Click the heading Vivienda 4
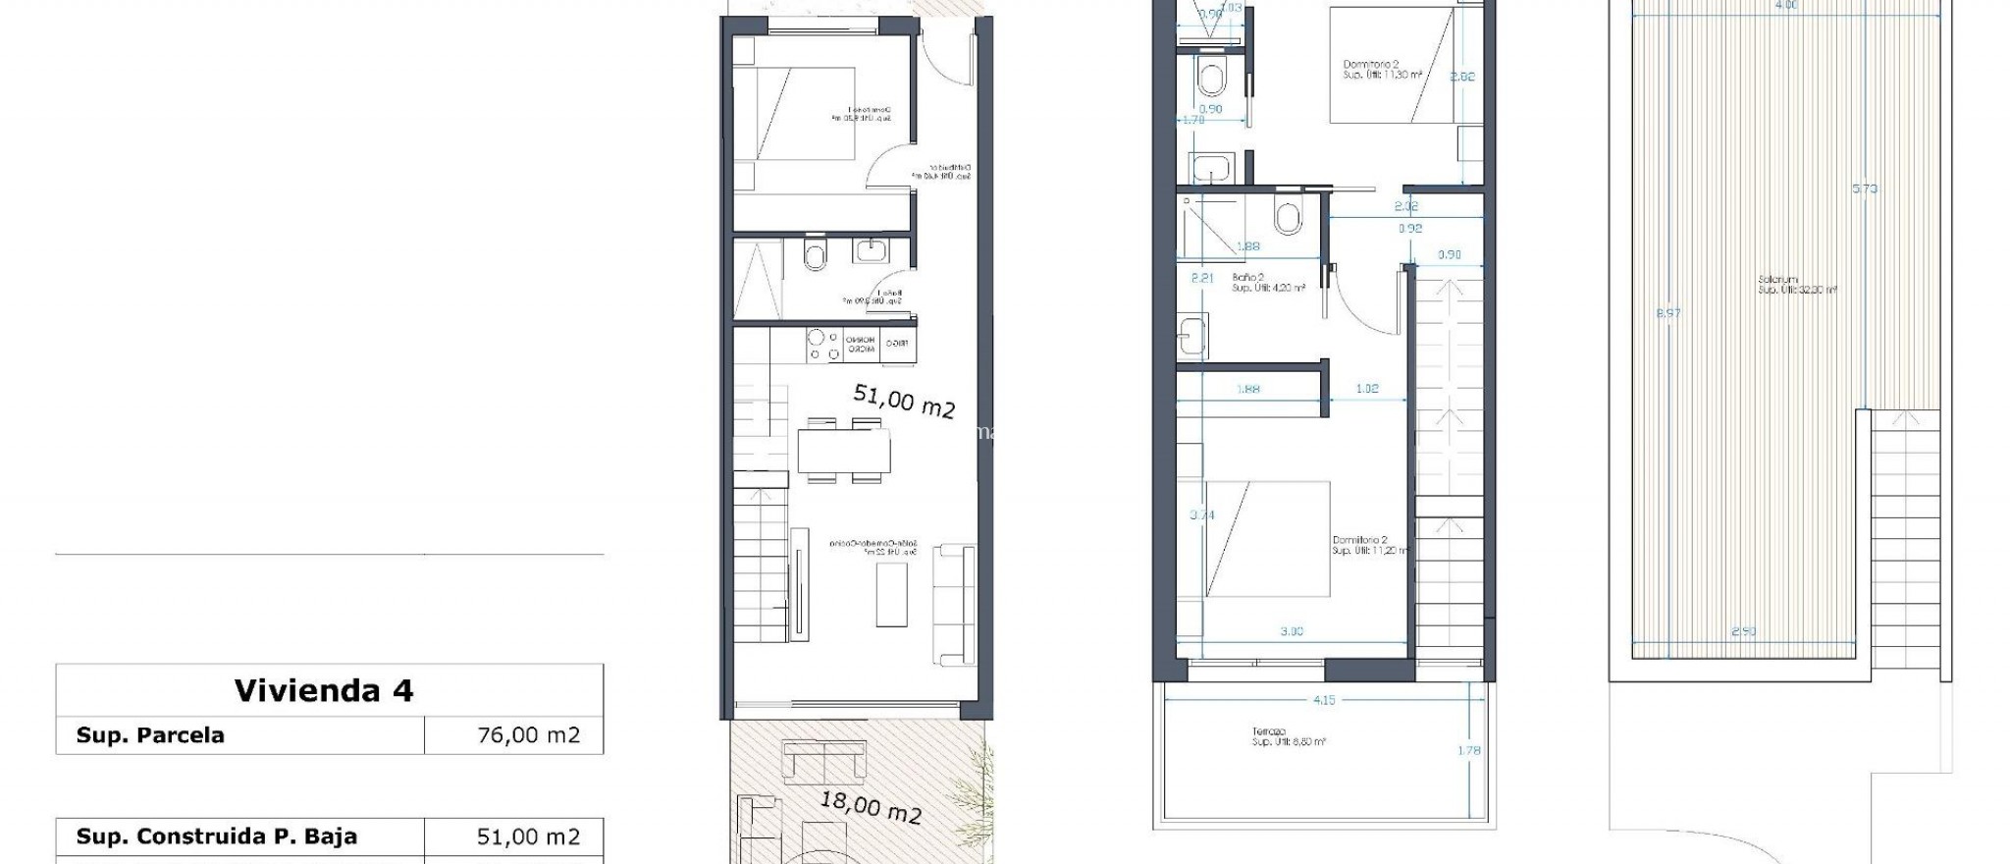pyautogui.click(x=324, y=691)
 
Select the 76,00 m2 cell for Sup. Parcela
pyautogui.click(x=528, y=735)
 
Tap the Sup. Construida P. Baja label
pyautogui.click(x=217, y=837)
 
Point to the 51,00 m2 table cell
pyautogui.click(x=528, y=837)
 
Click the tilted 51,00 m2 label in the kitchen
pyautogui.click(x=903, y=401)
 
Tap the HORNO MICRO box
pyautogui.click(x=861, y=345)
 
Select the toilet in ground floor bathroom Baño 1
pyautogui.click(x=815, y=256)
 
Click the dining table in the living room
pyautogui.click(x=844, y=453)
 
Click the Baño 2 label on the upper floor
pyautogui.click(x=1247, y=278)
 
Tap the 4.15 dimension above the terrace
pyautogui.click(x=1323, y=700)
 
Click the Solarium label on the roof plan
pyautogui.click(x=1777, y=280)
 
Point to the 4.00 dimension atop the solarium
pyautogui.click(x=1786, y=5)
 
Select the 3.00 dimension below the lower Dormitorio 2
pyautogui.click(x=1292, y=631)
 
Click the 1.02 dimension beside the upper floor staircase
pyautogui.click(x=1366, y=389)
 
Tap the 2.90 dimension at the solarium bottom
pyautogui.click(x=1743, y=631)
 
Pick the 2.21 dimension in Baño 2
pyautogui.click(x=1201, y=278)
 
